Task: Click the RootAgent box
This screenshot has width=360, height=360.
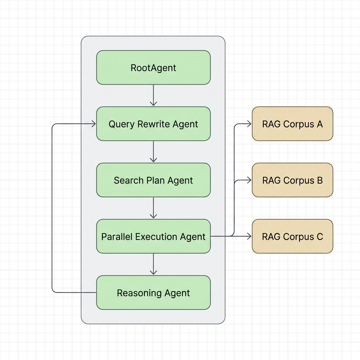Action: tap(153, 67)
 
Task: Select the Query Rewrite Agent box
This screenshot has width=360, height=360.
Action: tap(153, 124)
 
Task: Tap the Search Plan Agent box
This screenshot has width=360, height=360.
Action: tap(153, 180)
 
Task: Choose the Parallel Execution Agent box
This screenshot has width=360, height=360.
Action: tap(153, 236)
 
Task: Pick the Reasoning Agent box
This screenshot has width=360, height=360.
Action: tap(153, 292)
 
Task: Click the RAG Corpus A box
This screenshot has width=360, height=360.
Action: tap(292, 124)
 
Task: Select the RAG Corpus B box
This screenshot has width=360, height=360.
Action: tap(292, 180)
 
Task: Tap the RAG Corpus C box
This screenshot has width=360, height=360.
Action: tap(292, 236)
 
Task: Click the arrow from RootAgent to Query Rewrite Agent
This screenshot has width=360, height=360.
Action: tap(153, 95)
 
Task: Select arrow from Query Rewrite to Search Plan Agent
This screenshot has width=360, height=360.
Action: tap(153, 152)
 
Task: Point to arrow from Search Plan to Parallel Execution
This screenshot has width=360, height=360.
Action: tap(153, 208)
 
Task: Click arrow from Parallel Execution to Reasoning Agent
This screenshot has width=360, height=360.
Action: tap(153, 264)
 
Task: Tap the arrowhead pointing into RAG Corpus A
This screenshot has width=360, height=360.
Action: tap(249, 124)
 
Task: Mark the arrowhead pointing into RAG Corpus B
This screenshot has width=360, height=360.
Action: tap(249, 180)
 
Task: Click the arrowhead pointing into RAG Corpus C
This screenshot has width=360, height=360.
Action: tap(249, 236)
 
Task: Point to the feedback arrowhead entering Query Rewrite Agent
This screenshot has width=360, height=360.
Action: tap(94, 124)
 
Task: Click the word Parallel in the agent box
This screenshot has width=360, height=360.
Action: tap(117, 237)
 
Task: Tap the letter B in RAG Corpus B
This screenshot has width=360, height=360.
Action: tap(320, 180)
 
